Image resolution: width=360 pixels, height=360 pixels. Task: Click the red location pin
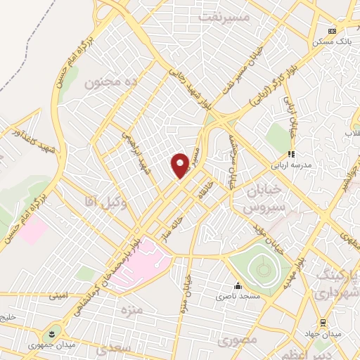pos(180,165)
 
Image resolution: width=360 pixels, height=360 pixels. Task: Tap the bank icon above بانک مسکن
pos(333,31)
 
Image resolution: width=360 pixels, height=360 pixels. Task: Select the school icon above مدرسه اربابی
pos(290,155)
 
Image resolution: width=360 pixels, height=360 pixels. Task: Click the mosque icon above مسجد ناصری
pos(238,286)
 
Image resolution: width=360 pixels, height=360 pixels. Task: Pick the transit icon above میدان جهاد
pos(323,323)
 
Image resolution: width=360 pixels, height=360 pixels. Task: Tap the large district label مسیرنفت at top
pos(226,15)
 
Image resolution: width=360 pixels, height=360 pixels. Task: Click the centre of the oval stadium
pos(263,267)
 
